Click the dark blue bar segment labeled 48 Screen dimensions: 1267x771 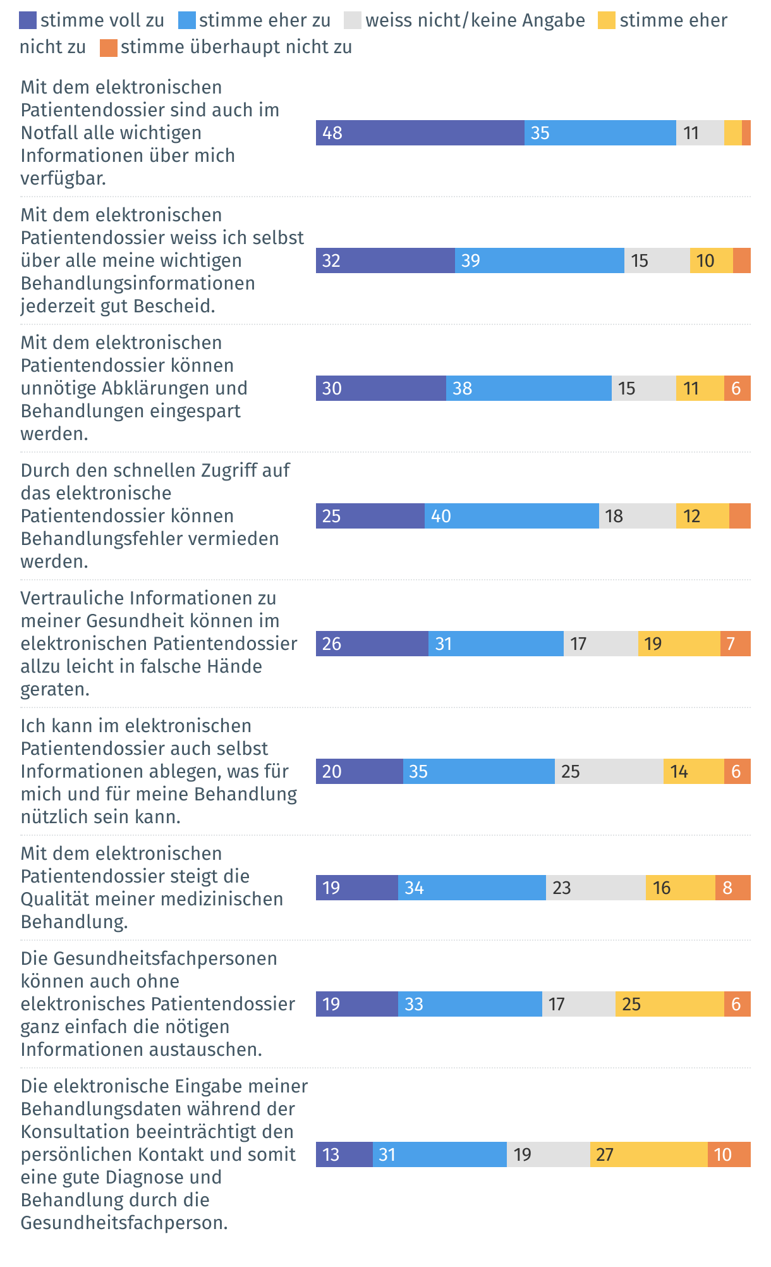click(x=420, y=133)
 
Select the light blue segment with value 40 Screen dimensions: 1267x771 click(x=511, y=516)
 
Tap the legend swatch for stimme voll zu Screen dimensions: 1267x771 click(x=28, y=21)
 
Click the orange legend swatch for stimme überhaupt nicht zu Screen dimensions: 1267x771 click(x=109, y=48)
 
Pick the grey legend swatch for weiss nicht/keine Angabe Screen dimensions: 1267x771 click(x=353, y=21)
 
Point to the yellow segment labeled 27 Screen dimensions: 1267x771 click(x=648, y=1154)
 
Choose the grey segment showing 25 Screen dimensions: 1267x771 click(x=609, y=771)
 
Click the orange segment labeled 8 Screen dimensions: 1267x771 click(x=732, y=888)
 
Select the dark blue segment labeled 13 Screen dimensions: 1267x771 click(x=344, y=1154)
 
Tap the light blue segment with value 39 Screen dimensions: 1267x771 click(x=539, y=260)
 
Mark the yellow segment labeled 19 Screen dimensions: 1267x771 click(x=679, y=644)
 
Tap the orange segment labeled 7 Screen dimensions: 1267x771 click(x=735, y=644)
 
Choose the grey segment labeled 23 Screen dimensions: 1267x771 click(x=595, y=888)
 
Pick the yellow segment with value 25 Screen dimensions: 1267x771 click(x=669, y=1004)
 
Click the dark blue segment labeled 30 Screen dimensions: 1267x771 click(x=380, y=388)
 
